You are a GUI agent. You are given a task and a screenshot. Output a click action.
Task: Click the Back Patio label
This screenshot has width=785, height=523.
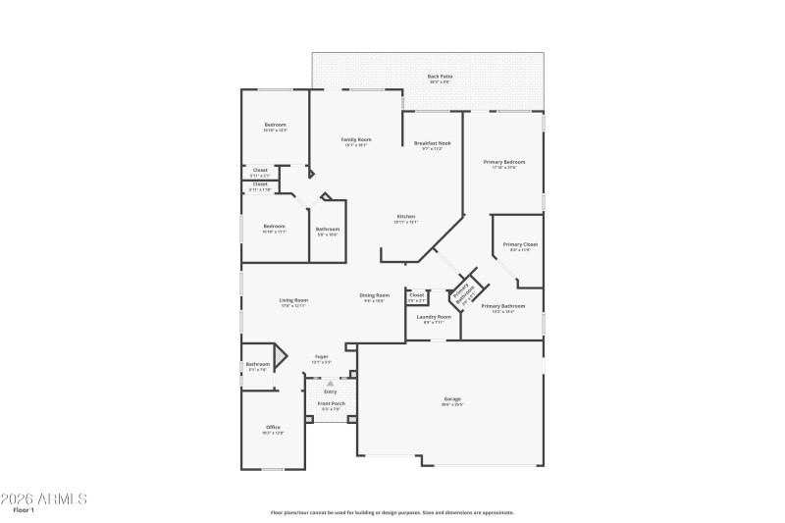pyautogui.click(x=439, y=76)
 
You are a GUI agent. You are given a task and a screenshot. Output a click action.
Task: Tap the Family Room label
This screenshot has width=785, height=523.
pyautogui.click(x=355, y=140)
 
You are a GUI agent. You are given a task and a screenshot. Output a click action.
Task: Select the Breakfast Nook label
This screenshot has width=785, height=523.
pyautogui.click(x=432, y=144)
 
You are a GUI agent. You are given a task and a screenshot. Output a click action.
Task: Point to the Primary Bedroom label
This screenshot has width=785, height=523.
pyautogui.click(x=503, y=162)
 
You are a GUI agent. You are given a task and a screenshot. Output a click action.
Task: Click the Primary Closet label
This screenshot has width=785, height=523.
pyautogui.click(x=520, y=244)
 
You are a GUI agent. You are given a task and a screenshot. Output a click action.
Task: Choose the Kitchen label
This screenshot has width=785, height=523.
pyautogui.click(x=406, y=216)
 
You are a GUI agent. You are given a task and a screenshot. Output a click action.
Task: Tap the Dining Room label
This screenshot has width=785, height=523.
pyautogui.click(x=374, y=295)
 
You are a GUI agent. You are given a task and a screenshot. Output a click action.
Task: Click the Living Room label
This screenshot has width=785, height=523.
pyautogui.click(x=293, y=300)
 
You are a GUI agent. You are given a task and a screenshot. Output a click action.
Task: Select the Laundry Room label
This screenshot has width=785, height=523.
pyautogui.click(x=433, y=317)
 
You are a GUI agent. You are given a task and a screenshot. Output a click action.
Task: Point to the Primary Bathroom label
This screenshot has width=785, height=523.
pyautogui.click(x=502, y=306)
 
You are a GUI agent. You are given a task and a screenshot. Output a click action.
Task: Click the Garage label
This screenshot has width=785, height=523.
pyautogui.click(x=452, y=398)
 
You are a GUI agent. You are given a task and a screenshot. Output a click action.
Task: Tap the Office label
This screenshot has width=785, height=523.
pyautogui.click(x=273, y=427)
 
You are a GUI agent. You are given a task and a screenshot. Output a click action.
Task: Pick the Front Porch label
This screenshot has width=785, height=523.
pyautogui.click(x=331, y=403)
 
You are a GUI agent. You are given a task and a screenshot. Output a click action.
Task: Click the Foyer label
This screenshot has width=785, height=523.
pyautogui.click(x=321, y=357)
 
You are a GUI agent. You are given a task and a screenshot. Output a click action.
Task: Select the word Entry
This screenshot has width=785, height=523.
pyautogui.click(x=330, y=392)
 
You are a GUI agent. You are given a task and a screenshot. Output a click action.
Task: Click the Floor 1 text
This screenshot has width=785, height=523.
pyautogui.click(x=25, y=510)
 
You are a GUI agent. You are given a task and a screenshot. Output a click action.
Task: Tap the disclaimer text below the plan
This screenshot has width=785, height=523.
pyautogui.click(x=392, y=512)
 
